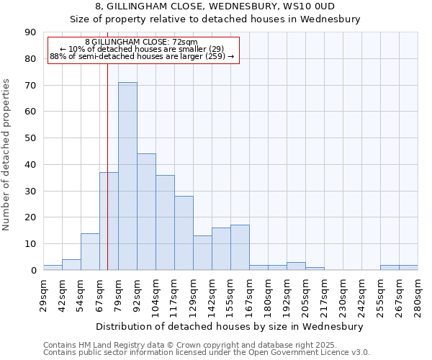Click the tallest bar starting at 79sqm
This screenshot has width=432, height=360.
tap(127, 176)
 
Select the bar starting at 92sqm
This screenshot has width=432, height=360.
tap(146, 212)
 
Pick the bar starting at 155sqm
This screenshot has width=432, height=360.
tap(240, 248)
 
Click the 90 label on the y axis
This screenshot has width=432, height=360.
tap(30, 32)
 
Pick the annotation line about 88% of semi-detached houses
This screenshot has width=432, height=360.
tap(142, 56)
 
